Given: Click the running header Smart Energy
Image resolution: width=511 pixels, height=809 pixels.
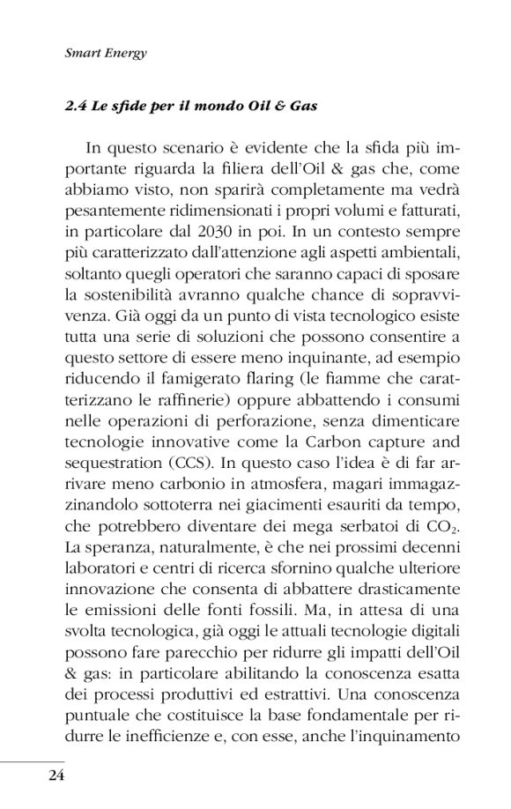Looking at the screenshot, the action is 106,53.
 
